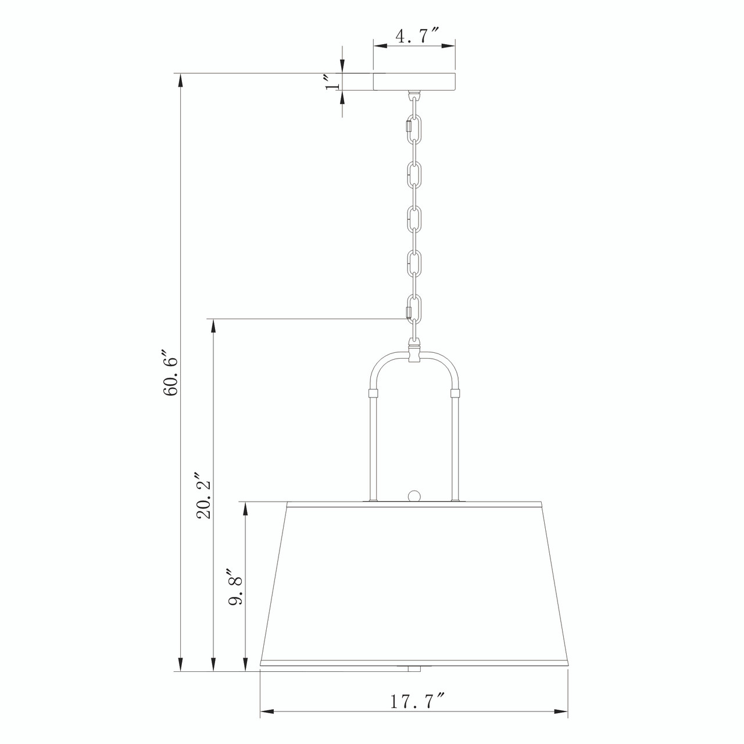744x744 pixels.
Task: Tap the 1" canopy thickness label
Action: click(332, 83)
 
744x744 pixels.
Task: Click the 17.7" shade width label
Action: click(416, 702)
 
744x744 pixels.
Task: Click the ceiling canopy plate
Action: click(414, 82)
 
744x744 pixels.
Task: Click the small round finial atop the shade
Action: click(414, 496)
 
